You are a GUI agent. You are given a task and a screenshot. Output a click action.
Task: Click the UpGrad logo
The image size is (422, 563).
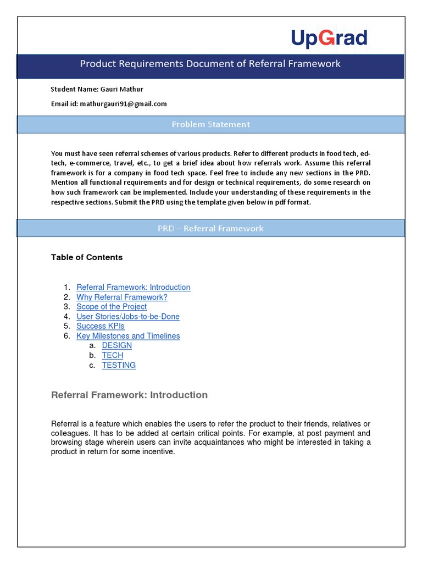pos(329,38)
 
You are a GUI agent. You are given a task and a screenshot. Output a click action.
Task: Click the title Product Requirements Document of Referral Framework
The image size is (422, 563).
pos(210,64)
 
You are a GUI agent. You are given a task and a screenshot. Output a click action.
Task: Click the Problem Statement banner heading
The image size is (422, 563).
pos(210,124)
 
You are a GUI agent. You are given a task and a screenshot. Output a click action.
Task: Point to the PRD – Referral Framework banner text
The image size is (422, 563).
pos(210,228)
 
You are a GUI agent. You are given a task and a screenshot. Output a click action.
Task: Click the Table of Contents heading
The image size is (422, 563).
pos(87,257)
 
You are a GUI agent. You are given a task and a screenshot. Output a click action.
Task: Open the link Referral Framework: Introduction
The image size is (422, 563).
pos(133,287)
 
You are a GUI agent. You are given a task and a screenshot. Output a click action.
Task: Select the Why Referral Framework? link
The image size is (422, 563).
pos(121,297)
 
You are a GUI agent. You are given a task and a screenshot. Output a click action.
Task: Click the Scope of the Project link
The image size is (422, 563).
pos(112,307)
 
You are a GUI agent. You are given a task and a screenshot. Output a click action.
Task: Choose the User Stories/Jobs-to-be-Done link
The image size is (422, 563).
pos(128,317)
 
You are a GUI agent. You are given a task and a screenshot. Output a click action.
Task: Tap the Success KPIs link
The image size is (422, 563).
pos(101,326)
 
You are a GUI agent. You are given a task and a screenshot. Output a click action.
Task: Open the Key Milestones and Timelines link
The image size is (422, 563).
pos(128,336)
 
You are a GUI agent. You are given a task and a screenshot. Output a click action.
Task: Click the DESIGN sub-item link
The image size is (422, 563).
pos(117,345)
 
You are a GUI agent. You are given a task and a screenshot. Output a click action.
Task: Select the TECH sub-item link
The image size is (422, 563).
pos(113,355)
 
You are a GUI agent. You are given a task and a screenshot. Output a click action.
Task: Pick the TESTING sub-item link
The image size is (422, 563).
pos(119,365)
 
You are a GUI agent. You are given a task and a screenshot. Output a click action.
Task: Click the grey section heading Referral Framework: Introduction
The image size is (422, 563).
pos(129,395)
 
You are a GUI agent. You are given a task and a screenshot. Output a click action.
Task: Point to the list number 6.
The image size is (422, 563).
pos(66,336)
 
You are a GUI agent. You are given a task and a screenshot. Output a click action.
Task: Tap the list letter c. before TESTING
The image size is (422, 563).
pos(92,365)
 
